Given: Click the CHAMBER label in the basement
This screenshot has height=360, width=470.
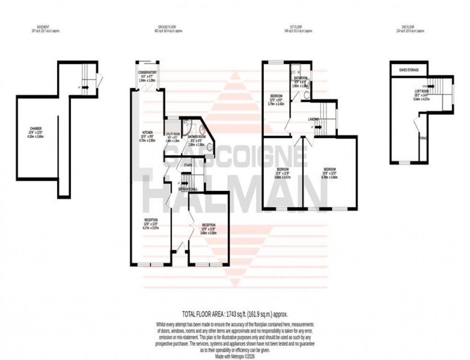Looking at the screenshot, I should [36, 128].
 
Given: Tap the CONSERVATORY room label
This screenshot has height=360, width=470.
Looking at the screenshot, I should [148, 73].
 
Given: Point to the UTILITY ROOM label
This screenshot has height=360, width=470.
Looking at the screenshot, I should [173, 134].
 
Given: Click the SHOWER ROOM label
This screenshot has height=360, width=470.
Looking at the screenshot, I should [196, 137].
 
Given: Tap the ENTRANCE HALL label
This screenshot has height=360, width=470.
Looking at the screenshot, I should [188, 189].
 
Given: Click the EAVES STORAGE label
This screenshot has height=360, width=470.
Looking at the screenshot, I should [409, 70].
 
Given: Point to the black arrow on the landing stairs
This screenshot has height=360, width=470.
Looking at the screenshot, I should [315, 127].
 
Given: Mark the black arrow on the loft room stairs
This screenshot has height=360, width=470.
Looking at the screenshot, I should [431, 86].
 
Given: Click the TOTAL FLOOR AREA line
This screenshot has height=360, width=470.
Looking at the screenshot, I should [235, 314].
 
